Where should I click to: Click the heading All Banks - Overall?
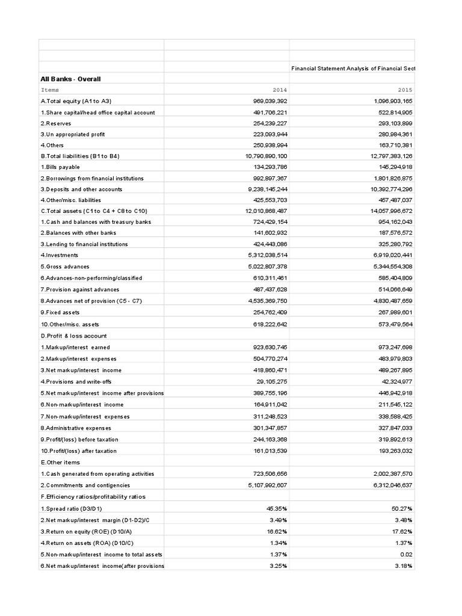coord(70,79)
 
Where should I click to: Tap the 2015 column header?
coord(405,90)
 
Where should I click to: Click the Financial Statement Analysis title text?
coord(353,69)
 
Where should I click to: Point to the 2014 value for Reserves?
coord(270,123)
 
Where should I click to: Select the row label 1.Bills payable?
coord(60,167)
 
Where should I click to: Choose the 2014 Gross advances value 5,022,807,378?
coord(268,266)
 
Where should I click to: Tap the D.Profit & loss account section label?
coord(73,336)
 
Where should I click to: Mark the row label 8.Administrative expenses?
coord(76,428)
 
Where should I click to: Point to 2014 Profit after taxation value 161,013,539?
coord(270,451)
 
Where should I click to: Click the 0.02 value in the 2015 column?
coord(407,555)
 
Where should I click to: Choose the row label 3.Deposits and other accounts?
coord(81,189)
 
